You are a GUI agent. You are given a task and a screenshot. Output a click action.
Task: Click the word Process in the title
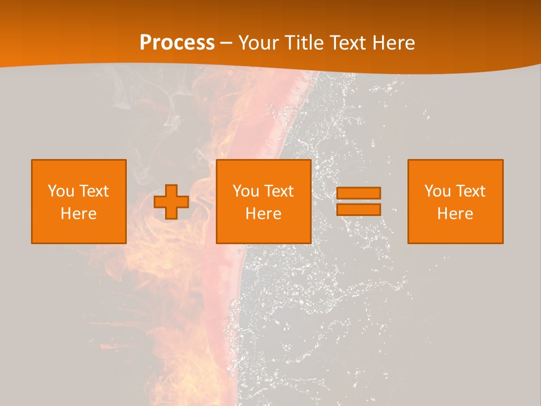tap(177, 42)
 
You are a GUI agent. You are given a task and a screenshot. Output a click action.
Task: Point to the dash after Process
tap(226, 43)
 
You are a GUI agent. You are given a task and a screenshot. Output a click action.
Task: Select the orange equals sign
tap(358, 201)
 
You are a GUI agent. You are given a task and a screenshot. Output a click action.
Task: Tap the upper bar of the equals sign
tap(358, 193)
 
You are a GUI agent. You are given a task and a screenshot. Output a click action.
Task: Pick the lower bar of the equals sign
tap(358, 209)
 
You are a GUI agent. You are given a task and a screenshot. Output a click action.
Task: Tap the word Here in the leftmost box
tap(79, 214)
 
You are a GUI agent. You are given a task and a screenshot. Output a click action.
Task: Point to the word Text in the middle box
tap(278, 191)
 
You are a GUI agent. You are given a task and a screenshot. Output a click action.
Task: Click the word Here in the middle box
tap(264, 214)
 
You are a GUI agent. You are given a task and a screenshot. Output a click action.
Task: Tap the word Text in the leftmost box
tap(94, 191)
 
